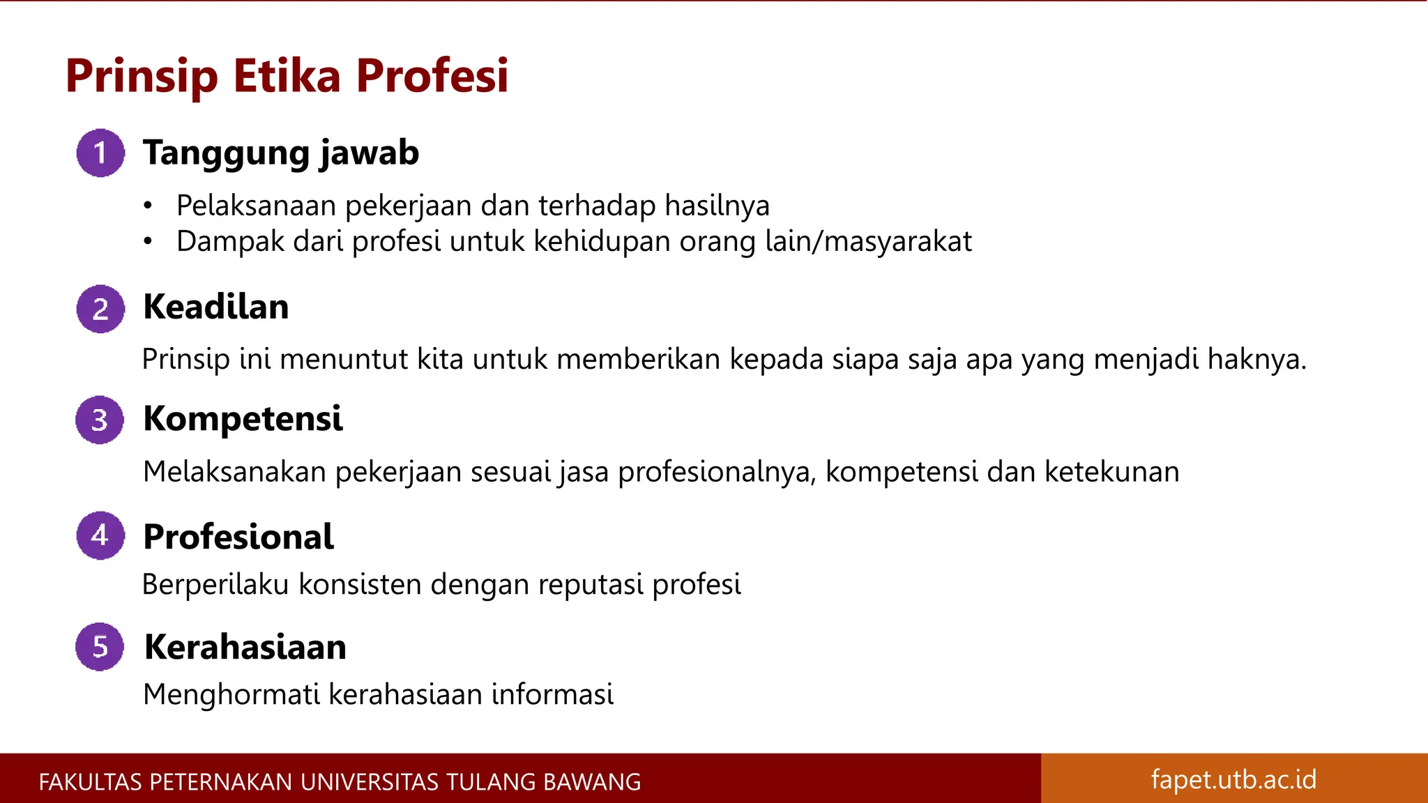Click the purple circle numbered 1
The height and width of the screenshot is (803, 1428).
pyautogui.click(x=100, y=153)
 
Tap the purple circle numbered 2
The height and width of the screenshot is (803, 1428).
pyautogui.click(x=100, y=309)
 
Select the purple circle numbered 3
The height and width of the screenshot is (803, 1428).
pyautogui.click(x=100, y=420)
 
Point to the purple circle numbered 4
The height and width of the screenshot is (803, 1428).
pyautogui.click(x=100, y=535)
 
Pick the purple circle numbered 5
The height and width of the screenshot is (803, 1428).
pyautogui.click(x=100, y=647)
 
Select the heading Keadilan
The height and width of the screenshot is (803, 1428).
pyautogui.click(x=216, y=307)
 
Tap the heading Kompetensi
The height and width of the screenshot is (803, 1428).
pyautogui.click(x=243, y=419)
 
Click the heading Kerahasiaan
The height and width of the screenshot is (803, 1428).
pyautogui.click(x=245, y=647)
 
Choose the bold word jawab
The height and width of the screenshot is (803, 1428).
pyautogui.click(x=370, y=153)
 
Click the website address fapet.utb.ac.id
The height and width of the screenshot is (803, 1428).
pyautogui.click(x=1233, y=779)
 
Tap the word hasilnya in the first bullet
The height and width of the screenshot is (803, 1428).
pyautogui.click(x=717, y=206)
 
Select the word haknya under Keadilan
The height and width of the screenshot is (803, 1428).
pyautogui.click(x=1256, y=360)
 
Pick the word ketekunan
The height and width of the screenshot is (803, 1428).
pyautogui.click(x=1111, y=472)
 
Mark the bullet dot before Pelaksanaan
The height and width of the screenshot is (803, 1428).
pyautogui.click(x=147, y=206)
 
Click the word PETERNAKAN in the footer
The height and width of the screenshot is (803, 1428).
pyautogui.click(x=222, y=782)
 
